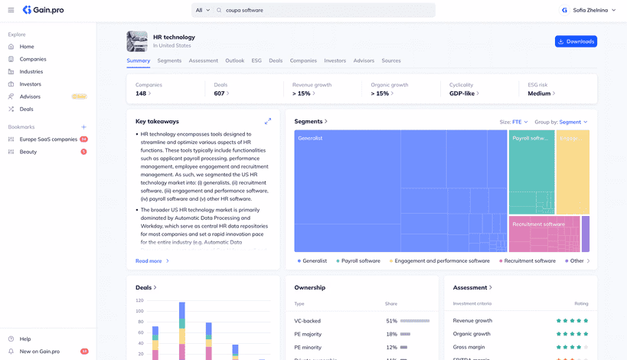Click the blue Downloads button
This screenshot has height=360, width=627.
click(x=576, y=41)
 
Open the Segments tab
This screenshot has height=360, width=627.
click(x=169, y=61)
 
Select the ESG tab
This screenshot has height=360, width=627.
click(x=256, y=61)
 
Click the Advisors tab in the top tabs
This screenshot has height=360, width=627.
click(x=364, y=61)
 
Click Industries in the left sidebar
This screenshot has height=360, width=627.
click(x=31, y=71)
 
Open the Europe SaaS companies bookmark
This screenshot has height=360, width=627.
click(x=48, y=139)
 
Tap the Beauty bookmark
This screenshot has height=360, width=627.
click(x=28, y=152)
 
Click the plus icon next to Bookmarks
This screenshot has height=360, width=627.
click(x=84, y=127)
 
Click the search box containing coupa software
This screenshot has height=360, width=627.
click(x=322, y=10)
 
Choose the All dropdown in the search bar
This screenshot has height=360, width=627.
click(x=203, y=10)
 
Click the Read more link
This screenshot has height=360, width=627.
click(x=149, y=261)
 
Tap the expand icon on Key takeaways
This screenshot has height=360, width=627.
click(x=268, y=121)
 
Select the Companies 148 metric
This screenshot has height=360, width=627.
click(x=143, y=93)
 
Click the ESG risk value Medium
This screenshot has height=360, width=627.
click(x=541, y=93)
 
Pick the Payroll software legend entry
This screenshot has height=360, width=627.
click(x=360, y=261)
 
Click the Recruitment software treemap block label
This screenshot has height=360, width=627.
click(x=538, y=224)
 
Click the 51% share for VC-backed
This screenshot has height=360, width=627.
click(x=391, y=321)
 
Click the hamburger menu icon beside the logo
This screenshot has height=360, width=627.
click(x=11, y=10)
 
